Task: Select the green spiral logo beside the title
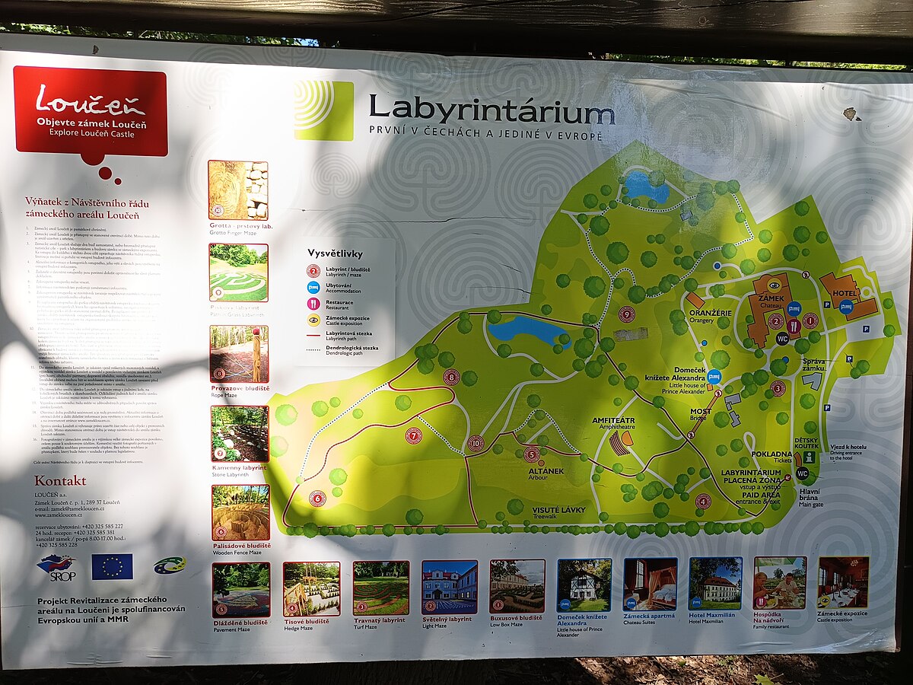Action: pos(323,110)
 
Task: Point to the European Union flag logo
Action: pos(112,566)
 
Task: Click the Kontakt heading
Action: pos(59,481)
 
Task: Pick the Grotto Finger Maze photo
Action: pos(238,190)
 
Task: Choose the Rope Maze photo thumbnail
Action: pos(239,353)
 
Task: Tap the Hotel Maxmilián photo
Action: pos(715,583)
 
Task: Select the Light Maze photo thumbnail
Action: pos(450,587)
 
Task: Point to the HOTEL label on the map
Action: pos(845,293)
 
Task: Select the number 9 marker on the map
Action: pos(627,314)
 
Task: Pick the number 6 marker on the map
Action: pos(317,498)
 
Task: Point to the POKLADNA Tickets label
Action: pos(772,456)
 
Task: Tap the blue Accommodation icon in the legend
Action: pos(313,287)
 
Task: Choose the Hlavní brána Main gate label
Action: pos(810,497)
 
